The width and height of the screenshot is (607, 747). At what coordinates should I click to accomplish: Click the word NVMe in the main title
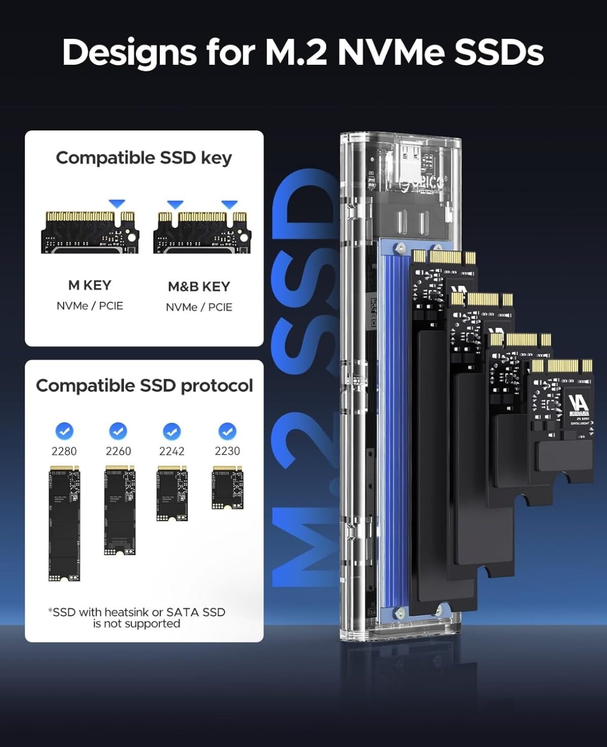391,52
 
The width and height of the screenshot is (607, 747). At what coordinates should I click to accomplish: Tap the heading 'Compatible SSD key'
144,158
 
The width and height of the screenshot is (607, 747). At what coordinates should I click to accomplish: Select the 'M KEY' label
90,285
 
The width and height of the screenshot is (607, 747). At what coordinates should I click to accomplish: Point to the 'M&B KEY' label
199,287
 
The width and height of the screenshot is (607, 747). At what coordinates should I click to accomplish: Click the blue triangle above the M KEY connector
117,203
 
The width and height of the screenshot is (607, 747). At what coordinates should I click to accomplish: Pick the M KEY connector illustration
90,232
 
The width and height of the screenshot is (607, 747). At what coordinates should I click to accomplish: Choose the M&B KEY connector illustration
202,232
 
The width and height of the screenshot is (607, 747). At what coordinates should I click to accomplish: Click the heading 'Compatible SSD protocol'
144,386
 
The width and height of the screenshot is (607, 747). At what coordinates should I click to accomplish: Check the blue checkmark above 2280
64,431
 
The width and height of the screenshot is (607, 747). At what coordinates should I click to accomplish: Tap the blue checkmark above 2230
227,431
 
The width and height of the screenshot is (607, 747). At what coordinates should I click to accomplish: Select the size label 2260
118,451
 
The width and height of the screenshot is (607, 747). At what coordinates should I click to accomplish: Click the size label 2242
172,451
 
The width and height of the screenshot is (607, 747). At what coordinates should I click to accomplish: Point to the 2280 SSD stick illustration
64,523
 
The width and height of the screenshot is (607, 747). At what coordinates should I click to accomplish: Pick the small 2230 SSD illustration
227,488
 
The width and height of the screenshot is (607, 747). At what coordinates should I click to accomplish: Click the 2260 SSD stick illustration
120,510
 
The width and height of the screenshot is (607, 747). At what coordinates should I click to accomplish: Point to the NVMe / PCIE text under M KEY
90,306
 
